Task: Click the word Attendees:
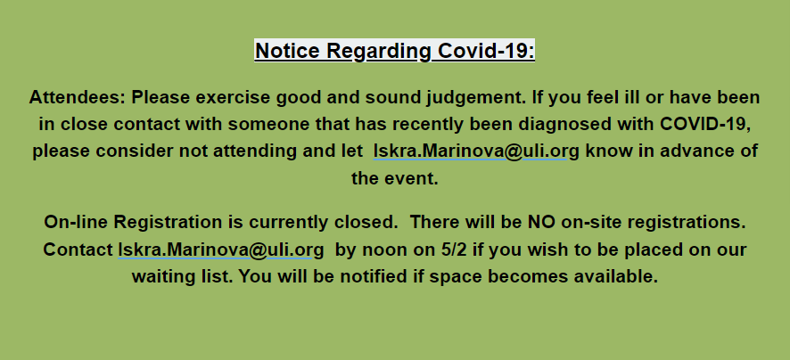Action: [x=77, y=97]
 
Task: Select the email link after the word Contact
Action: [x=221, y=250]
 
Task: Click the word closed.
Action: [x=365, y=223]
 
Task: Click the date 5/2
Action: [x=454, y=250]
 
